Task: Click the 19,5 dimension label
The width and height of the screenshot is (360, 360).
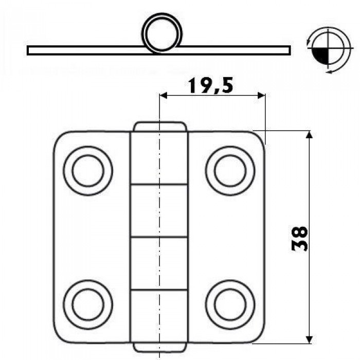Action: click(x=210, y=85)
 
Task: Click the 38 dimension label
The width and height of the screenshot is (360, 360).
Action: click(x=299, y=239)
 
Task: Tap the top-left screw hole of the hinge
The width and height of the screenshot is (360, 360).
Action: click(x=88, y=171)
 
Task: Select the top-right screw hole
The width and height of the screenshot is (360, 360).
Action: click(x=230, y=171)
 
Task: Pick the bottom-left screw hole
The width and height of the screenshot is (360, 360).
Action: click(x=88, y=304)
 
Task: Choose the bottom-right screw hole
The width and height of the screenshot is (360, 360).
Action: click(x=230, y=304)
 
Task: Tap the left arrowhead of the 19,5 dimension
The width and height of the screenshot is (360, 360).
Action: click(x=163, y=96)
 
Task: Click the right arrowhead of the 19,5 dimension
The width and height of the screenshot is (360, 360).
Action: click(x=261, y=96)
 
